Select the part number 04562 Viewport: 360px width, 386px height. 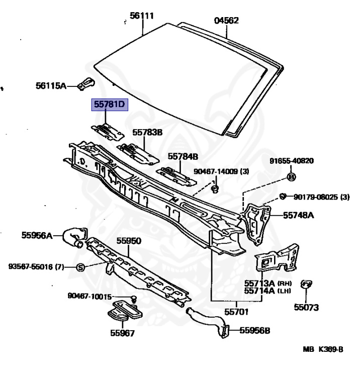[226, 21]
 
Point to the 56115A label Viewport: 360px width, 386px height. [51, 85]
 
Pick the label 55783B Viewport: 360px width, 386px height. [148, 133]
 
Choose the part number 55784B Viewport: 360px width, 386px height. [183, 156]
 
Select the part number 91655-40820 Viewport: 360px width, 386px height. [291, 161]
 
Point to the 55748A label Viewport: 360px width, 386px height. [298, 215]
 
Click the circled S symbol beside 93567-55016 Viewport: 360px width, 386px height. [80, 267]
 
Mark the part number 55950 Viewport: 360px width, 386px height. [129, 241]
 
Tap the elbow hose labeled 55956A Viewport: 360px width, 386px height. [73, 236]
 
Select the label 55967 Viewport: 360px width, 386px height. [122, 332]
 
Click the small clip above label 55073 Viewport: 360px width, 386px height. [305, 285]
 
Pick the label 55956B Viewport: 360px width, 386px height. [254, 330]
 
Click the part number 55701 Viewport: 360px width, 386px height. [236, 312]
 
